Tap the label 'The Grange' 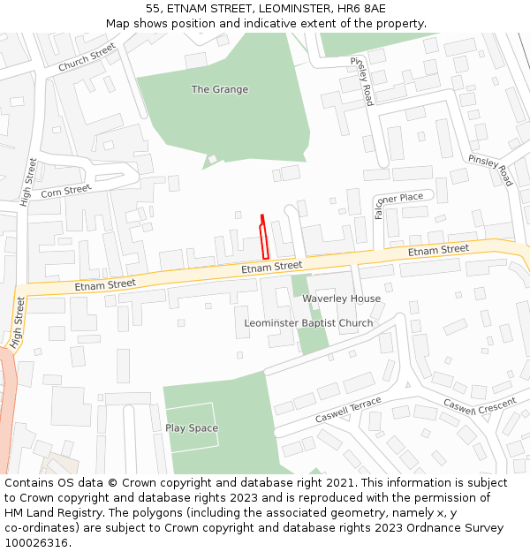click(x=220, y=89)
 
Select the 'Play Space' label click(x=192, y=428)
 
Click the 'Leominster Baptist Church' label click(x=308, y=323)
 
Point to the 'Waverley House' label click(x=342, y=299)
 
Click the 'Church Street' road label click(x=87, y=58)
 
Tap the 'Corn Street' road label click(x=65, y=190)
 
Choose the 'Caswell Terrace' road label click(x=348, y=409)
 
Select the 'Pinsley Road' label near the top click(x=363, y=81)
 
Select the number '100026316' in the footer click(x=36, y=543)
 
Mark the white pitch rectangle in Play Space click(x=191, y=428)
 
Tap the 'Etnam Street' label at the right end click(x=438, y=251)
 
